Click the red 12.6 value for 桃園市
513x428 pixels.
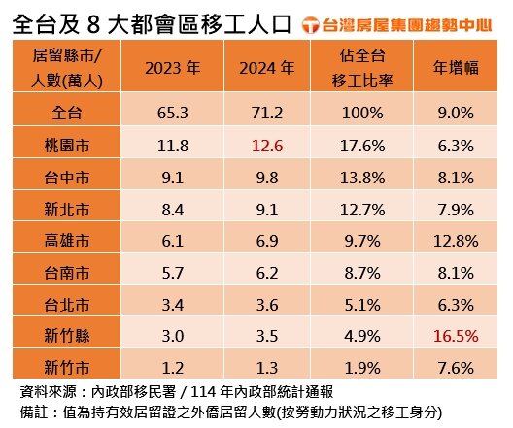tap(266, 148)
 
